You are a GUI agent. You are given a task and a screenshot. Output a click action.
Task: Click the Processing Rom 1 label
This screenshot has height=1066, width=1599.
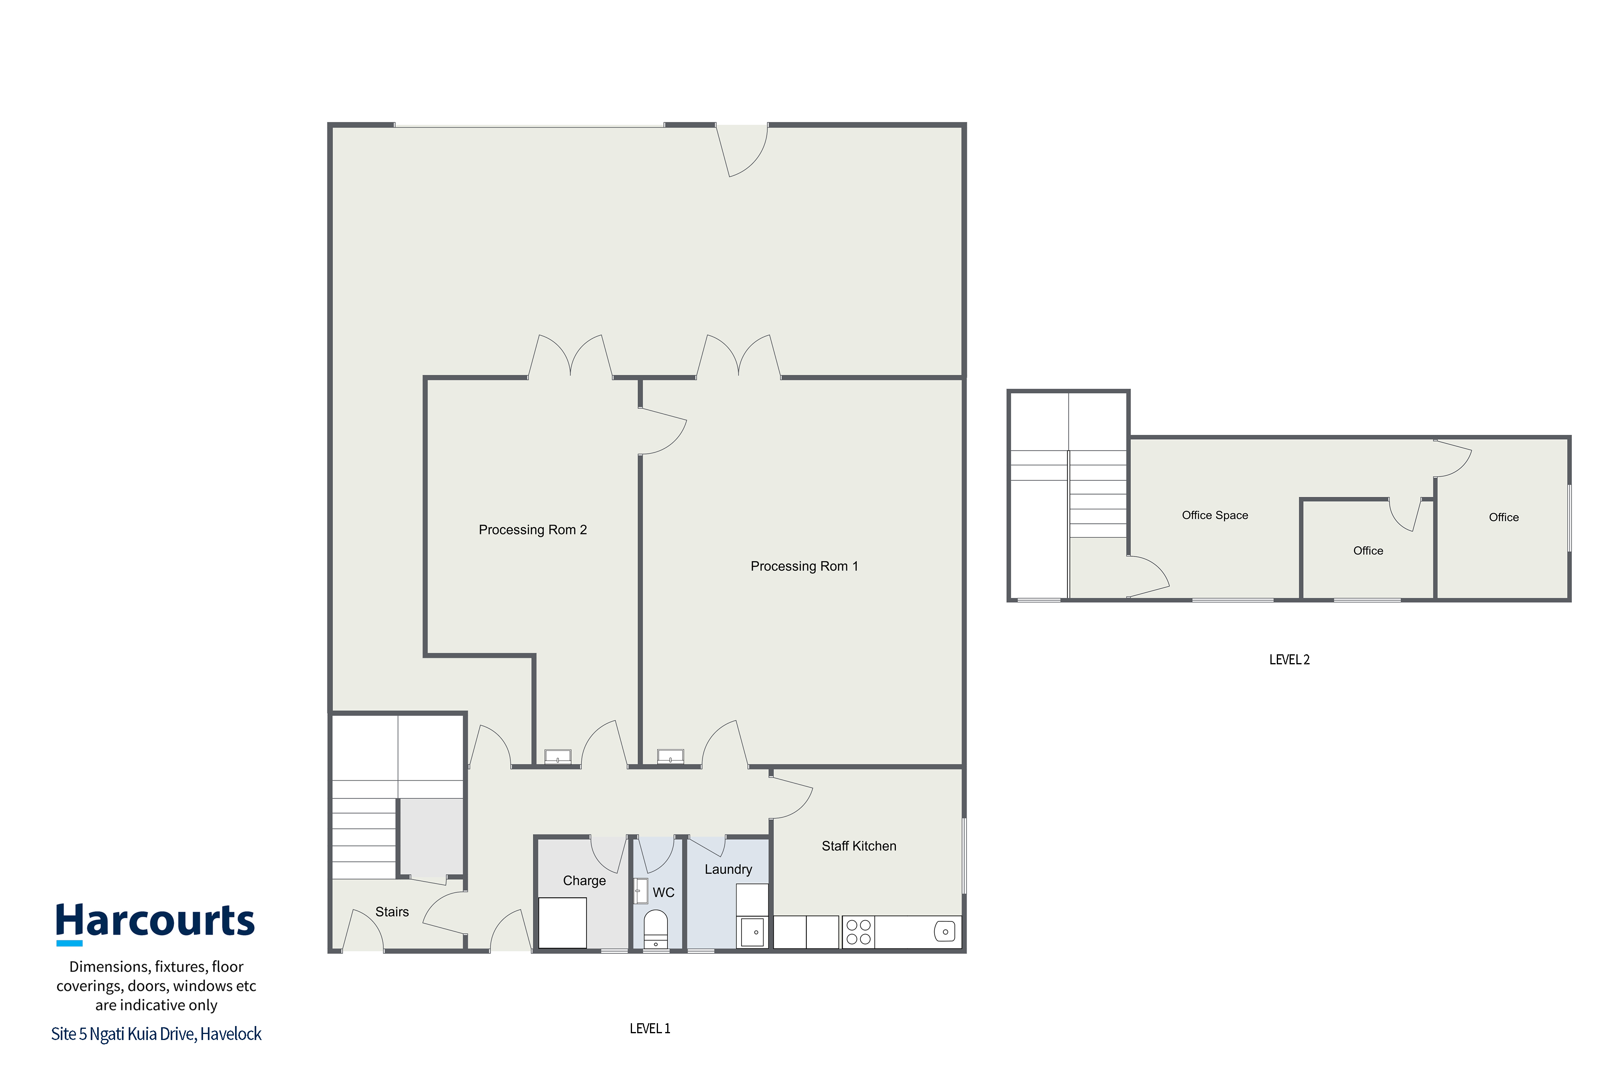pos(804,566)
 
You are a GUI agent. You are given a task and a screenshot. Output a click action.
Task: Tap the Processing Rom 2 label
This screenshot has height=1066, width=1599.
pos(532,530)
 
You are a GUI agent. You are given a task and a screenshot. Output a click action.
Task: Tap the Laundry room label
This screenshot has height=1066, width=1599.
pos(728,869)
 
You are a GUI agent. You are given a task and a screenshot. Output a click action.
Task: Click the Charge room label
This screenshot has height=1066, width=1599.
pos(584,881)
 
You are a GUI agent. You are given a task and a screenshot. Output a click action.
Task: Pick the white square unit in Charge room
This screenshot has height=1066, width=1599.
pos(562,923)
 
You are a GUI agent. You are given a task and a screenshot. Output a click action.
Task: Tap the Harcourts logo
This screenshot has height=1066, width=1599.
pos(155,923)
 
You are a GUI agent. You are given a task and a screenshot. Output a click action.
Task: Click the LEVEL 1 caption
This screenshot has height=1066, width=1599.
pos(650,1028)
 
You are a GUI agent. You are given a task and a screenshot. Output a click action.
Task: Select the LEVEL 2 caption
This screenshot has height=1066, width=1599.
pos(1289,660)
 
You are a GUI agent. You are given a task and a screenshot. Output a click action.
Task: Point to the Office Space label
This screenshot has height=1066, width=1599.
pos(1215,515)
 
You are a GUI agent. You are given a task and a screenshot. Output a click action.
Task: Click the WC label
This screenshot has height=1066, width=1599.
pos(664,893)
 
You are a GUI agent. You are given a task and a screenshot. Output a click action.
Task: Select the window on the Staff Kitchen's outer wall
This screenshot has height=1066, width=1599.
pos(964,856)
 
